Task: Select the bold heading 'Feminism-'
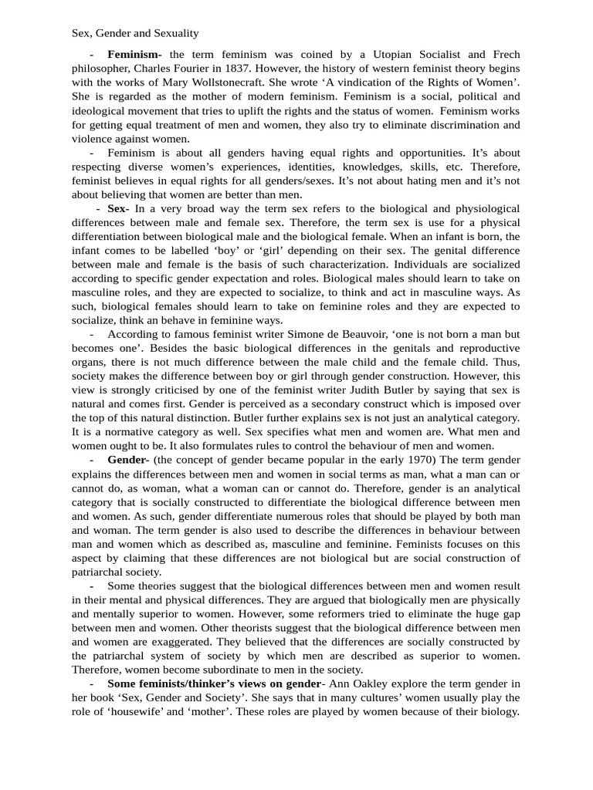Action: pos(134,54)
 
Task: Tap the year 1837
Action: pos(261,68)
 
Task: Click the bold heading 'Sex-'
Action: pos(118,209)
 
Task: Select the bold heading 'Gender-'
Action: pos(128,460)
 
